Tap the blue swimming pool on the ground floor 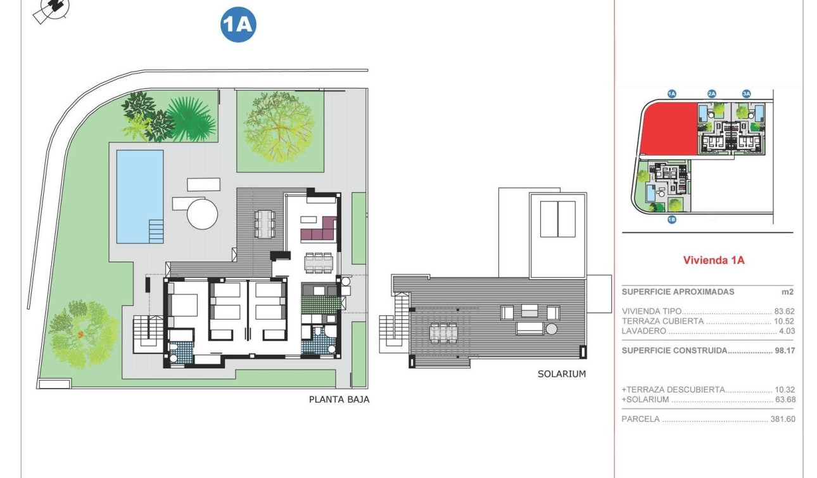coord(139,196)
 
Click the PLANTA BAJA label coord(339,399)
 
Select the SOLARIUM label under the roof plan coord(561,374)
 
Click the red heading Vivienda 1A coord(713,260)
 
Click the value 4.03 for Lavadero coord(786,330)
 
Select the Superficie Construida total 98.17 coord(784,350)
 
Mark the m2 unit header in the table coord(787,292)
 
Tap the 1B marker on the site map coord(672,220)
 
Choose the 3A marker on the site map coord(746,94)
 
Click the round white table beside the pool coord(202,214)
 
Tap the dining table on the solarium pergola coord(443,332)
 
